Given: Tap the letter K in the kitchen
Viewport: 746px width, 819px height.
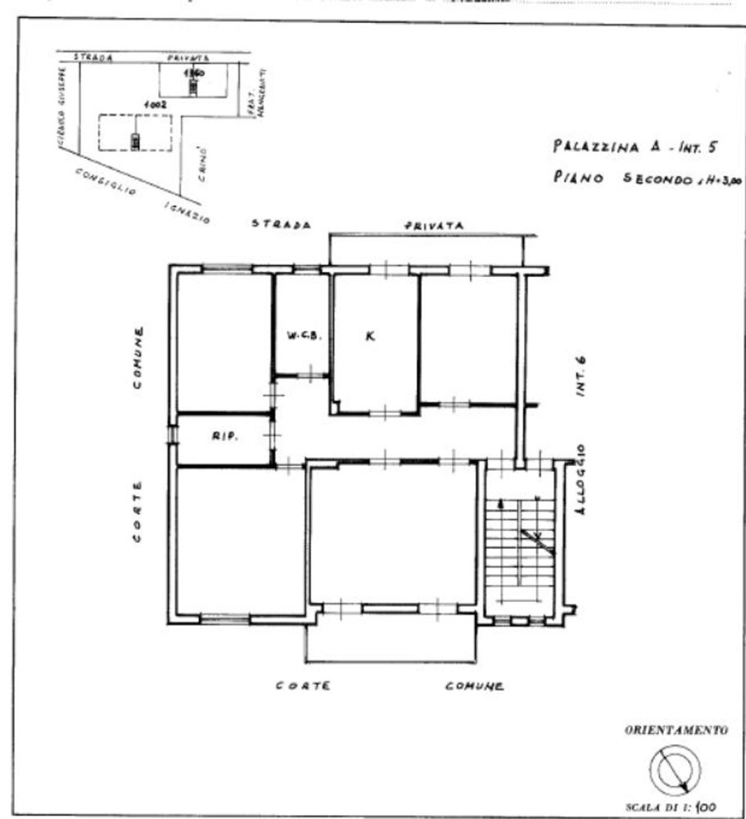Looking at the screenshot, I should (370, 335).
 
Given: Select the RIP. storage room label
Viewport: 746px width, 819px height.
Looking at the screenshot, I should (224, 437).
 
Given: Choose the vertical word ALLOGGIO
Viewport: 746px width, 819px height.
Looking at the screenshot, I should (581, 479).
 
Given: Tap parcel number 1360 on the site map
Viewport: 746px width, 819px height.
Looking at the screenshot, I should (193, 73).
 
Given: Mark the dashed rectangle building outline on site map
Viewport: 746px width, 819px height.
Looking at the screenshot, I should (135, 133).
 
